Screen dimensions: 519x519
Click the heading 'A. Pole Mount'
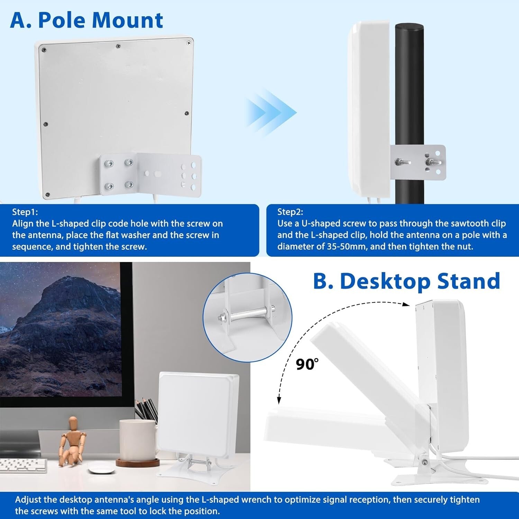click(86, 20)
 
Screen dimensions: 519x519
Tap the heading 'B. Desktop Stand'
click(407, 281)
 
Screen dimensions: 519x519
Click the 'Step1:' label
click(25, 212)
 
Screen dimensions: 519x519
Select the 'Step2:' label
click(290, 212)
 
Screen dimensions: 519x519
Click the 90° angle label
click(307, 364)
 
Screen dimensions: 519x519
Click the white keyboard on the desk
click(23, 465)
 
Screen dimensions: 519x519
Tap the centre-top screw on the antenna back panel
click(118, 46)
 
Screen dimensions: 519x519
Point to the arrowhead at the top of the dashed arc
click(406, 304)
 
